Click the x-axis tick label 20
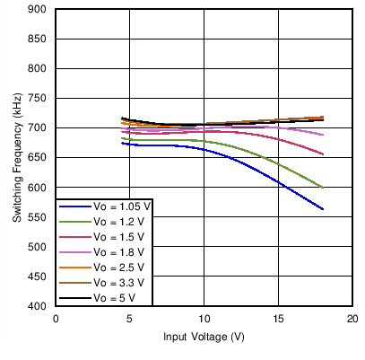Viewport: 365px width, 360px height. tap(352, 319)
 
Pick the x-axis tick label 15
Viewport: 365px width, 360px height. tap(278, 319)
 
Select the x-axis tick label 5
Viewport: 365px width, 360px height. tap(130, 319)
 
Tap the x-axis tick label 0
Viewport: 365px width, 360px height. tap(56, 319)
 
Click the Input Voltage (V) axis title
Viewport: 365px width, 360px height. tap(204, 338)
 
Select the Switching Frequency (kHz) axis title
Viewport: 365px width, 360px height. tap(17, 158)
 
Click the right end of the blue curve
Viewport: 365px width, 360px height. tap(323, 209)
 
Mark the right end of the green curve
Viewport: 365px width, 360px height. tap(323, 188)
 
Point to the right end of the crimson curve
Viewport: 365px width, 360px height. tap(323, 154)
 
